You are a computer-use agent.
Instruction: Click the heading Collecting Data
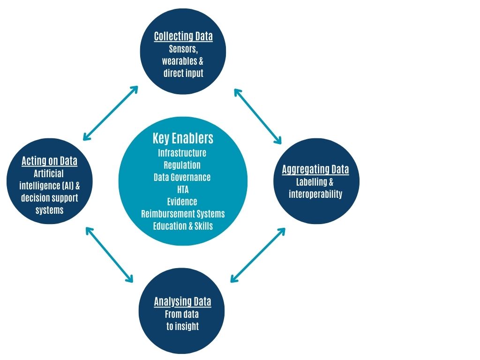click(183, 37)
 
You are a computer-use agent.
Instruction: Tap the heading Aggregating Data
click(315, 170)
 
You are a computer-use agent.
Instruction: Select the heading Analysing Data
click(182, 302)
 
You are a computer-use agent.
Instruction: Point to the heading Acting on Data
click(49, 161)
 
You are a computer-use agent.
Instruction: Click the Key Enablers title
click(183, 138)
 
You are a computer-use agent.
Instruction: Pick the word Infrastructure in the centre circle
click(182, 153)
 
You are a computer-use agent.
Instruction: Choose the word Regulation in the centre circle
click(182, 165)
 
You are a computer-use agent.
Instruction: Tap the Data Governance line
click(182, 177)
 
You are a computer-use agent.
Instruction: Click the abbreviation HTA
click(183, 189)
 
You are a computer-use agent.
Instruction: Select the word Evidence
click(182, 202)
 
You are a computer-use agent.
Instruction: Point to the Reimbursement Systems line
click(183, 214)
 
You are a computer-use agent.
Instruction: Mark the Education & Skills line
click(183, 226)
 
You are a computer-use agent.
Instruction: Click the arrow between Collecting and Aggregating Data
click(257, 116)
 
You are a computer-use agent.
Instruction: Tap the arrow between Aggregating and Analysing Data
click(258, 255)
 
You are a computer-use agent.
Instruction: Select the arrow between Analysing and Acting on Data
click(109, 255)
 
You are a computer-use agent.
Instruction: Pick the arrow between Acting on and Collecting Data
click(111, 113)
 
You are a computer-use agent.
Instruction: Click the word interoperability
click(315, 194)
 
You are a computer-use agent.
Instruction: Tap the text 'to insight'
click(182, 326)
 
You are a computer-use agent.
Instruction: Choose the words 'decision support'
click(50, 198)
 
